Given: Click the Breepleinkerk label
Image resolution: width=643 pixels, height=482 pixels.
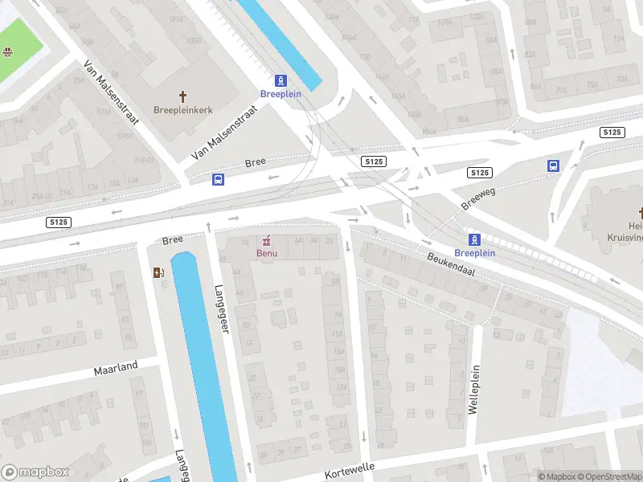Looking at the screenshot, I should [x=182, y=109].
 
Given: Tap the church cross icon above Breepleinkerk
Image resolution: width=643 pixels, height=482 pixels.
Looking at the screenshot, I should [x=182, y=96].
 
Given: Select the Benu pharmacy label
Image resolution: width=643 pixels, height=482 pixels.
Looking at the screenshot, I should [x=267, y=253].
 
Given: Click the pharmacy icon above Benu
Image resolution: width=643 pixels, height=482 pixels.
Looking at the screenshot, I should [x=267, y=240].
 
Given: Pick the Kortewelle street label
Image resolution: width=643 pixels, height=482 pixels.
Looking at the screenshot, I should [x=350, y=471].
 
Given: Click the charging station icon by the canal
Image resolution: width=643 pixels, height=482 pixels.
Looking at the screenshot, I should [x=158, y=272].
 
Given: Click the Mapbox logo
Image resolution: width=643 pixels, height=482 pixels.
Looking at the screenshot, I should [x=35, y=472].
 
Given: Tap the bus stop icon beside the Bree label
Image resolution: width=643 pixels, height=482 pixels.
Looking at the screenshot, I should [x=218, y=179].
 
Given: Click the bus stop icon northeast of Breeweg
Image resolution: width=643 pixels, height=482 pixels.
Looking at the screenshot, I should [x=553, y=166].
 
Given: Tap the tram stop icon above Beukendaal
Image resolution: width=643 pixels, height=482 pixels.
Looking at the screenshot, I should [x=475, y=239].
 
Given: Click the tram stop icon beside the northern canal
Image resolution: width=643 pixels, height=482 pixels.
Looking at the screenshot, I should [x=281, y=80].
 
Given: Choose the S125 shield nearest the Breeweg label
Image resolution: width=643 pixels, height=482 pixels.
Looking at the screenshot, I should [x=480, y=173].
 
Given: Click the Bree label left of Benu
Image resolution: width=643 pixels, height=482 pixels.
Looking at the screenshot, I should [x=173, y=239].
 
